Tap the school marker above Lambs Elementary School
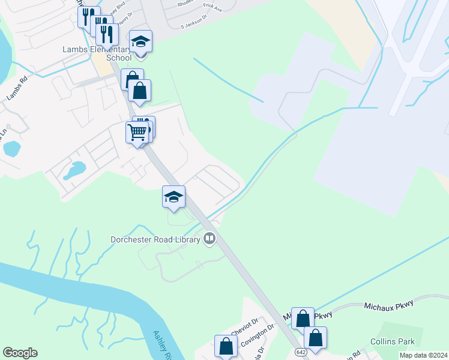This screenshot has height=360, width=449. click(141, 42)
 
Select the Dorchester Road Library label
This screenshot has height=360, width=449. click(155, 239)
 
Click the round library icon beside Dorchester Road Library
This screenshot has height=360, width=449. click(209, 239)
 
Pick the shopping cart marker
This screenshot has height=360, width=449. click(137, 131)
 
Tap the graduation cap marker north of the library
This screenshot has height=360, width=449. click(173, 197)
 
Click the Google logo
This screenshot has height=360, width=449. click(20, 353)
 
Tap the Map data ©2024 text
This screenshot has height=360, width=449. click(423, 355)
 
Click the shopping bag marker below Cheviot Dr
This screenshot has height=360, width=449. click(226, 347)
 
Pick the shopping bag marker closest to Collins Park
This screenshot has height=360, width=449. click(315, 338)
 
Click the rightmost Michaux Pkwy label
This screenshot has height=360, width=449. click(389, 306)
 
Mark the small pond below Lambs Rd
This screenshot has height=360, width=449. click(11, 148)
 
